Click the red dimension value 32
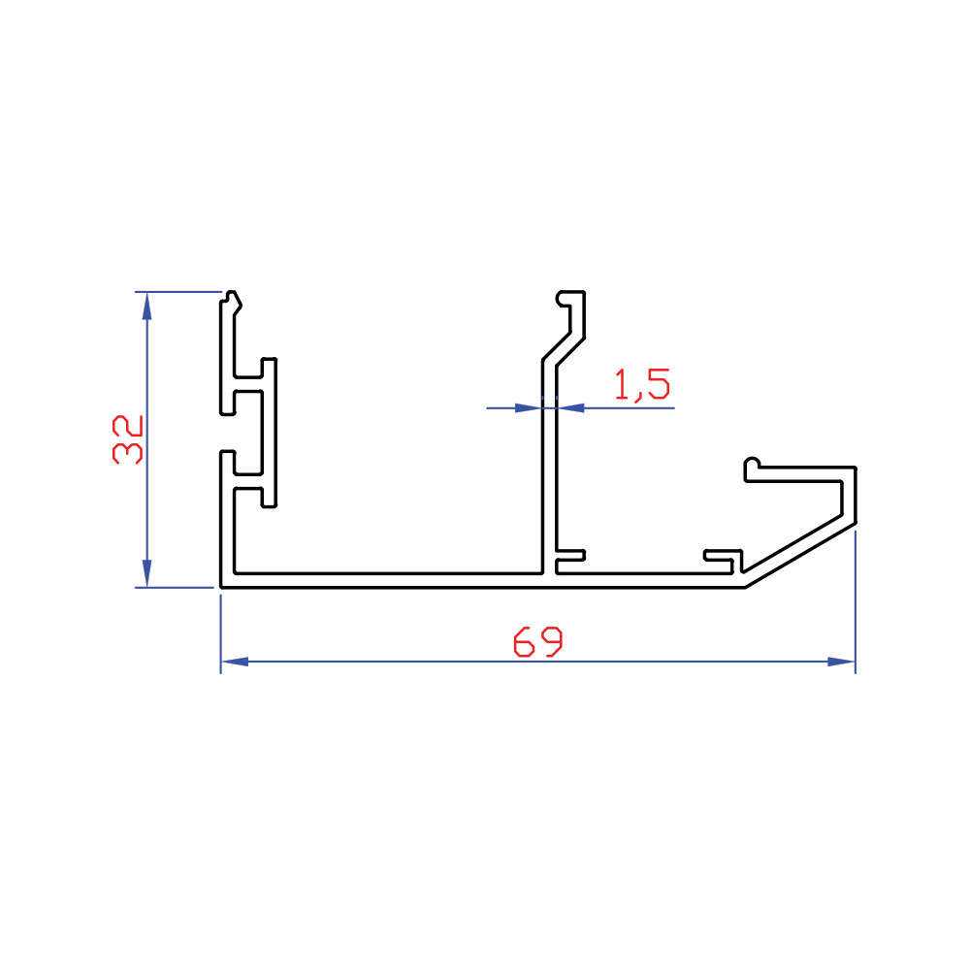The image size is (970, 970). point(127,439)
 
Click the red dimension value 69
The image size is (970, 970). point(538,641)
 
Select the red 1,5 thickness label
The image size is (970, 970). point(642,385)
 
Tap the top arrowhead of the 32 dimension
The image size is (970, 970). point(146,306)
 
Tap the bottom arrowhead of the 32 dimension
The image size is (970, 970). point(146,573)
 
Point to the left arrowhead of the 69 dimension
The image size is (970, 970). point(235,662)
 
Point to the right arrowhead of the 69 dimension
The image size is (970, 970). point(841,662)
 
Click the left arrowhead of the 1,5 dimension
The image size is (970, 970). point(529,407)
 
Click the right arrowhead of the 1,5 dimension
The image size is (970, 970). point(570,407)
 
